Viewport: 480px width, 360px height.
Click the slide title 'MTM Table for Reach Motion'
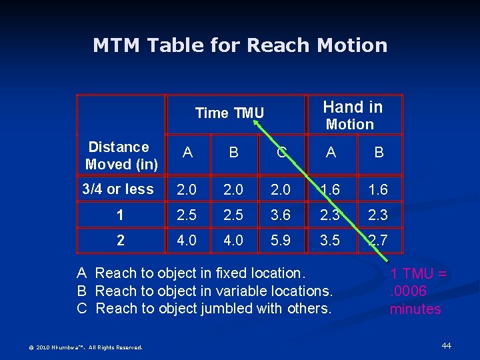[x=240, y=45]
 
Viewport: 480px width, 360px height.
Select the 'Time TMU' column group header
[x=229, y=113]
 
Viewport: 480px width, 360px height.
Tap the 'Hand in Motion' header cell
[x=353, y=115]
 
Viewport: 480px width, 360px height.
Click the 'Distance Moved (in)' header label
[x=121, y=155]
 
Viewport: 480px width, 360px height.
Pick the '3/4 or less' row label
[x=118, y=189]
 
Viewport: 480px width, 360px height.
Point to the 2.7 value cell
[x=378, y=239]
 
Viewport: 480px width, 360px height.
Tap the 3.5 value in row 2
[x=331, y=239]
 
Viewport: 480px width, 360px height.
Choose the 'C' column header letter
[x=281, y=153]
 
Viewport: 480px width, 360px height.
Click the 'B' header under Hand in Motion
[x=378, y=153]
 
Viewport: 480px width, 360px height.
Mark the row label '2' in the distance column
[x=120, y=240]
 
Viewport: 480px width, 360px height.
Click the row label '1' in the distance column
[x=120, y=215]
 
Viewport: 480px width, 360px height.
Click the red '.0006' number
[x=408, y=291]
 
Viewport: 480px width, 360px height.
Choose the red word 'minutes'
[x=415, y=309]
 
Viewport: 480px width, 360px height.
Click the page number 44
[x=447, y=345]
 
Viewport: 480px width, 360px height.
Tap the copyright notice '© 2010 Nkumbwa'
[x=85, y=347]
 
